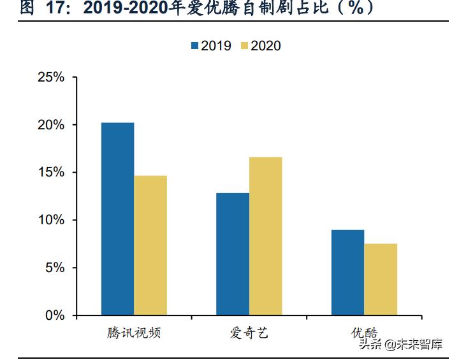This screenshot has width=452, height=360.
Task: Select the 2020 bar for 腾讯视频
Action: (x=150, y=245)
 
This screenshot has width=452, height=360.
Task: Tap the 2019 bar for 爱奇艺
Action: (x=232, y=254)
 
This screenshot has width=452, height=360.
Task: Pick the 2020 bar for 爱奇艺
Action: (x=265, y=236)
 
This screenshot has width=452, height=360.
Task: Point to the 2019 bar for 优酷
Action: (x=347, y=272)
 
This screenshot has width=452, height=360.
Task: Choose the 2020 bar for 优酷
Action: (x=381, y=279)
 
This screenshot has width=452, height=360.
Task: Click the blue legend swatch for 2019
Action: (x=194, y=45)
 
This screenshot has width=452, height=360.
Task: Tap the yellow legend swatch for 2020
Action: (x=244, y=45)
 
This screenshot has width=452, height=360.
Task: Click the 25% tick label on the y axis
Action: (x=51, y=77)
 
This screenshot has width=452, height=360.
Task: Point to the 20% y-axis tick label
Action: (x=51, y=125)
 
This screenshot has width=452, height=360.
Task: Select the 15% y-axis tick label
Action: (x=51, y=173)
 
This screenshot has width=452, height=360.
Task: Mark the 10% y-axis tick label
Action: (x=51, y=220)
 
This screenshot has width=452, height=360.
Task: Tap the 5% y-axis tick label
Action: (x=55, y=268)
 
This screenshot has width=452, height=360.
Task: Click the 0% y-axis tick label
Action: (x=55, y=315)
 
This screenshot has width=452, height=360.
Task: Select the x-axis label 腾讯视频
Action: (x=134, y=333)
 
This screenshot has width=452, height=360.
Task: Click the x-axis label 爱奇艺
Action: (x=249, y=333)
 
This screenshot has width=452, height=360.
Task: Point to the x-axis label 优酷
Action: (x=364, y=333)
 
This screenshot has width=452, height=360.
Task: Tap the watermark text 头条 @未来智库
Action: (x=400, y=345)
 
